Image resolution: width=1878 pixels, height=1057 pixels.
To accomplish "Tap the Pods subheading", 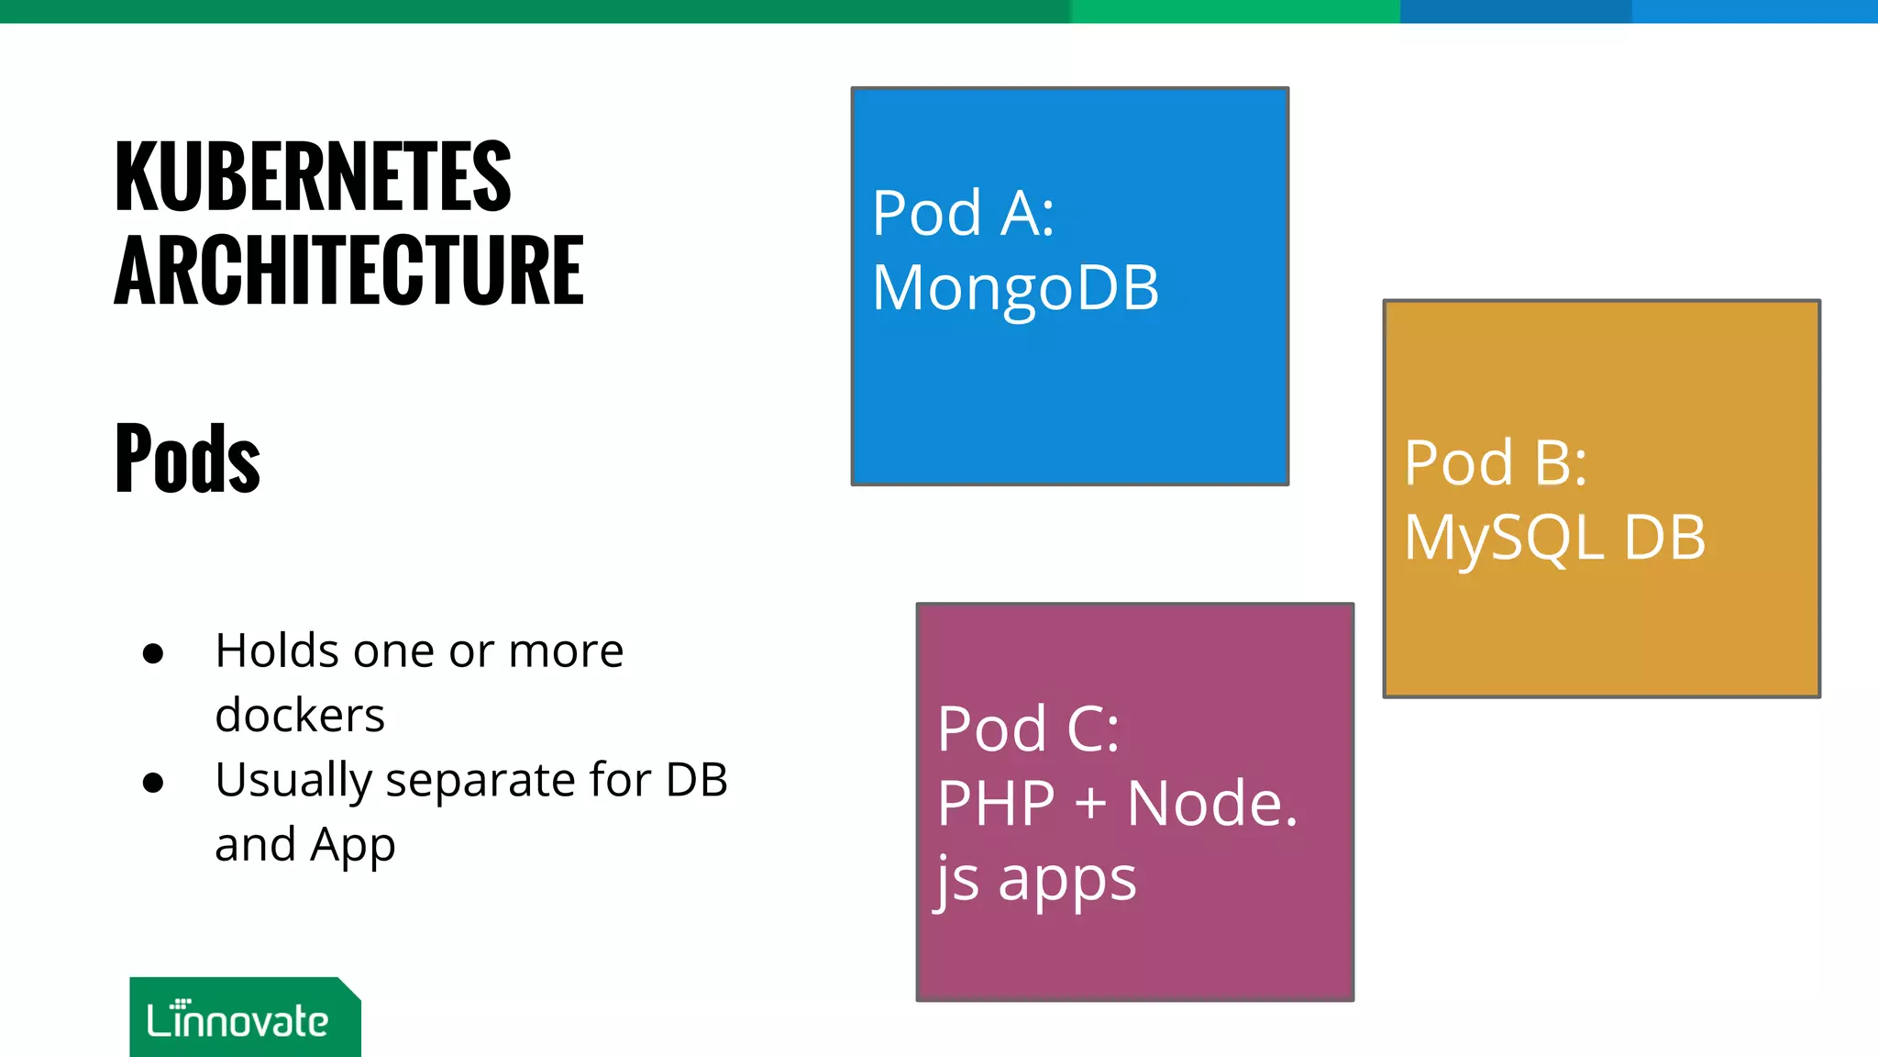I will click(187, 458).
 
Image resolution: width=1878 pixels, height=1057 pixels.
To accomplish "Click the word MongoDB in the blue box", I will click(1015, 288).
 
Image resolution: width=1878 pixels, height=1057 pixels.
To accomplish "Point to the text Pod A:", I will click(963, 214).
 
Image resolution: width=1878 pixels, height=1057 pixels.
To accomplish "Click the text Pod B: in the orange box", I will click(1495, 462).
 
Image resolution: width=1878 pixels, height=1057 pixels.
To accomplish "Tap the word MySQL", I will click(1504, 539).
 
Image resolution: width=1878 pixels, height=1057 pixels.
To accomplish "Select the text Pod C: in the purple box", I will click(1028, 729).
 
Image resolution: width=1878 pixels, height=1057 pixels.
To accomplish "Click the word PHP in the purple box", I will click(996, 805).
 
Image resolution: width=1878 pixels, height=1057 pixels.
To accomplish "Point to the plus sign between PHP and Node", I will click(1091, 804).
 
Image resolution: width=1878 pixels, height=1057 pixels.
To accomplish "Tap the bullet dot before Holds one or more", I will click(153, 653).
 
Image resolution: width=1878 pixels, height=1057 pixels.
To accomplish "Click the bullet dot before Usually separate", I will click(153, 783).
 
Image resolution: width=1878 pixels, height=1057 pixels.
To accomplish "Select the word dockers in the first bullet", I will click(299, 716).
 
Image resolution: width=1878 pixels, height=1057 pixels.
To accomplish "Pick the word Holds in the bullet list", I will click(277, 651).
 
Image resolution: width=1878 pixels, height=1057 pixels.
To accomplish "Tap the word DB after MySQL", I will click(1664, 538).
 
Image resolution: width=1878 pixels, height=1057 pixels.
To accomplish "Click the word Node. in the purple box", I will click(1211, 805).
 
